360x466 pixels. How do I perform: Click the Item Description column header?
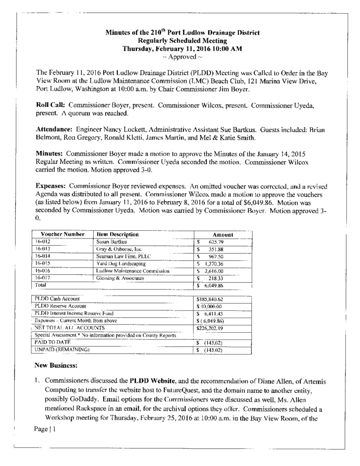[117, 234]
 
